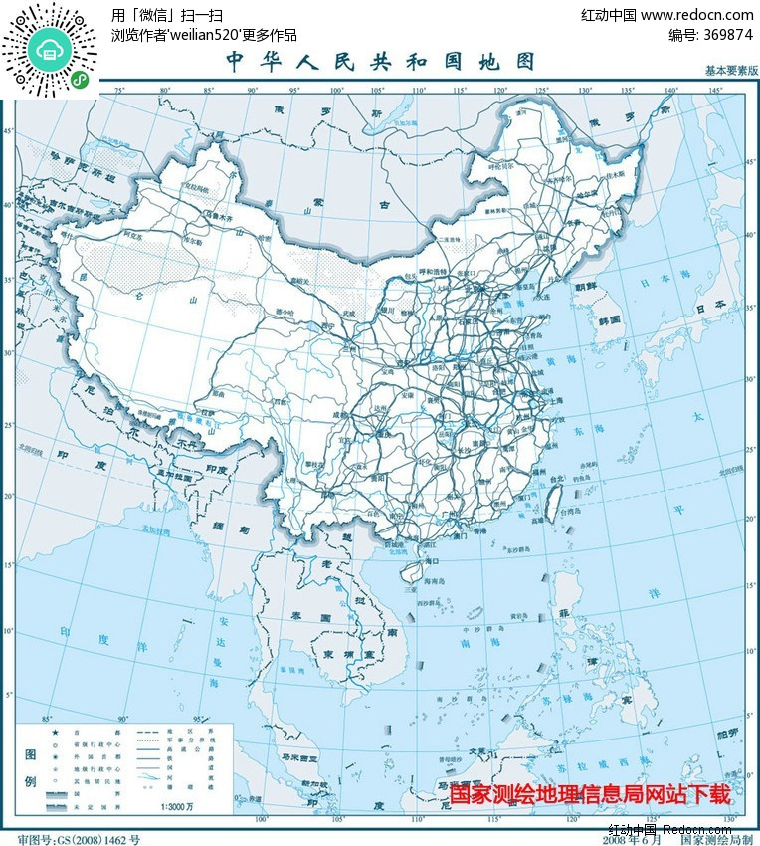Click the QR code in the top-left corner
(49, 50)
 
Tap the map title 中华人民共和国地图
(381, 62)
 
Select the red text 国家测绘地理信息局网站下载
(590, 794)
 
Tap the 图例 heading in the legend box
(31, 767)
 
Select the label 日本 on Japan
(713, 308)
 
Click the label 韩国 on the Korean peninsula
(610, 319)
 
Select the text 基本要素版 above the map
(731, 71)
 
